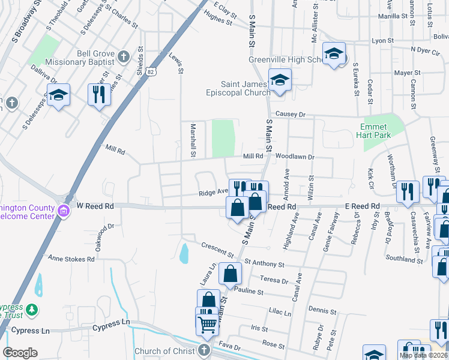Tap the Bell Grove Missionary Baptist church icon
pyautogui.click(x=124, y=58)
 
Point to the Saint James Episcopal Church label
pyautogui.click(x=244, y=88)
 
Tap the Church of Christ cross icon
pyautogui.click(x=203, y=350)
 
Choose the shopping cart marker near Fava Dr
pyautogui.click(x=208, y=325)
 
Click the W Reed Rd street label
pyautogui.click(x=95, y=206)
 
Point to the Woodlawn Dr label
pyautogui.click(x=292, y=157)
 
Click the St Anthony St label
pyautogui.click(x=264, y=263)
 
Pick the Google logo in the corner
pyautogui.click(x=20, y=353)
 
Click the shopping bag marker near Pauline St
pyautogui.click(x=230, y=274)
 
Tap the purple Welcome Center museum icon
pyautogui.click(x=64, y=210)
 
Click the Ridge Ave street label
pyautogui.click(x=214, y=193)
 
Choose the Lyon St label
pyautogui.click(x=382, y=41)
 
